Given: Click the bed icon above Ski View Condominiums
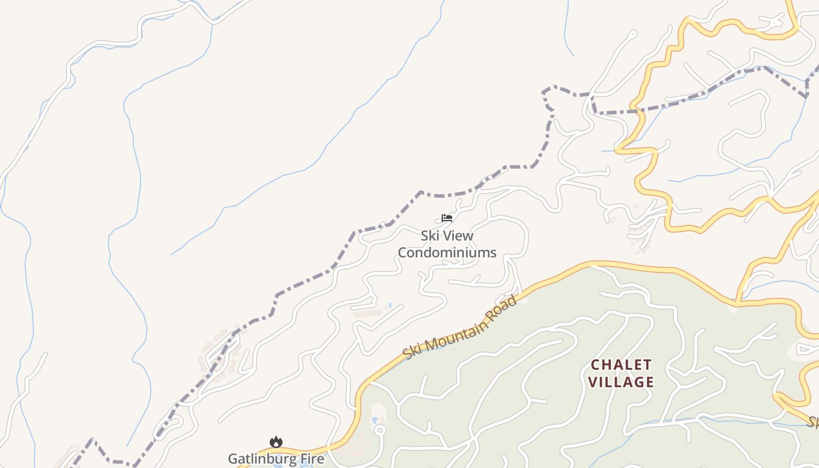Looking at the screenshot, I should tap(447, 218).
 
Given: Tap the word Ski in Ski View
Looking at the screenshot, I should tap(430, 236).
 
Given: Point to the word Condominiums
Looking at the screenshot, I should tap(447, 253).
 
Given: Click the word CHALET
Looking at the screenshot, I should tap(621, 365).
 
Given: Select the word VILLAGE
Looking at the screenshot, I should tap(621, 383).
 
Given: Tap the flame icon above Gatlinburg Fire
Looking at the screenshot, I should tap(276, 442).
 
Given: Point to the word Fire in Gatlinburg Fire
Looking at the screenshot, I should tap(312, 459).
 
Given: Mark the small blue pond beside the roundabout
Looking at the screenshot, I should tap(374, 420).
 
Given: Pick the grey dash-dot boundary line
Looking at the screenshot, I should tap(304, 281).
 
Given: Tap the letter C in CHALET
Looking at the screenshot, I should tap(596, 365).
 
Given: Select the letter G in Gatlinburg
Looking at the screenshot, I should tap(233, 459).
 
